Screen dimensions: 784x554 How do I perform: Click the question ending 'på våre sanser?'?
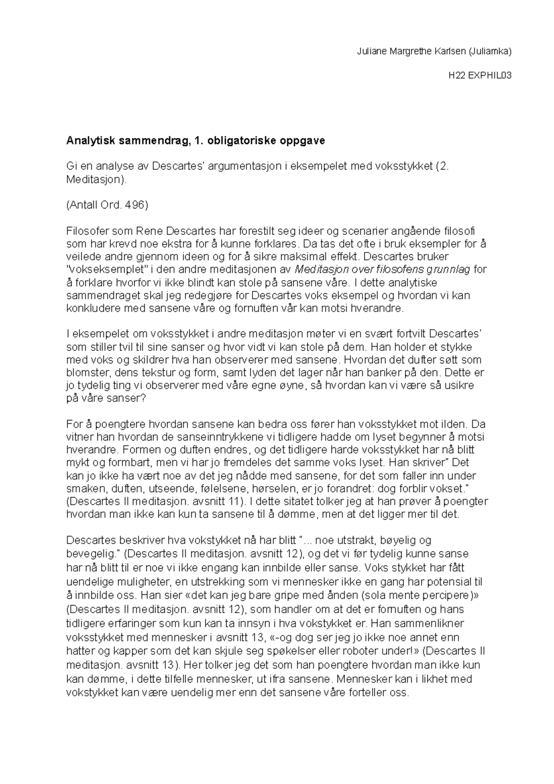pyautogui.click(x=106, y=398)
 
